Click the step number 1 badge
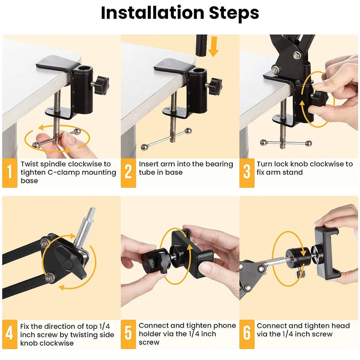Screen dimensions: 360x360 pos(9,172)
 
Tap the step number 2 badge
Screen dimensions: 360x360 pos(128,172)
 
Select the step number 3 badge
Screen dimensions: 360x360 pos(247,172)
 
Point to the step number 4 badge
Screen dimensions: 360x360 pos(9,334)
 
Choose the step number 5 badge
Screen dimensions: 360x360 pos(128,334)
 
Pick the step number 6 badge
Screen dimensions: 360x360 pos(247,334)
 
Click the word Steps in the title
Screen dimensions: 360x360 pos(234,13)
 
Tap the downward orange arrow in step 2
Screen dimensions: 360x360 pos(213,47)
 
